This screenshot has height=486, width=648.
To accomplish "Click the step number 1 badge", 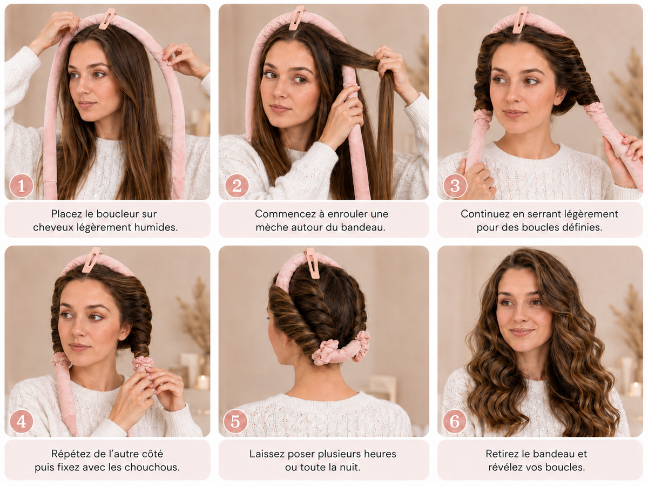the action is pyautogui.click(x=22, y=186).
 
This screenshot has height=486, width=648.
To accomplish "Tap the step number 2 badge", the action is pyautogui.click(x=237, y=186).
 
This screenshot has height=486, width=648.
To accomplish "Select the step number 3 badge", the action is pyautogui.click(x=455, y=186).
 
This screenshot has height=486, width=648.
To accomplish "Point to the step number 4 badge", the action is pyautogui.click(x=22, y=421).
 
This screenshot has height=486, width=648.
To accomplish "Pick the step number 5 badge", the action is pyautogui.click(x=235, y=421).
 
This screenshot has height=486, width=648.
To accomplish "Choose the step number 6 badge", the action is pyautogui.click(x=455, y=421).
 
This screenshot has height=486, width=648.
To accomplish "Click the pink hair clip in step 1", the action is pyautogui.click(x=107, y=19).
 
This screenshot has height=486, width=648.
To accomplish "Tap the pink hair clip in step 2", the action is pyautogui.click(x=296, y=18).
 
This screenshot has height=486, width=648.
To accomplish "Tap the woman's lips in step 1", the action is pyautogui.click(x=86, y=104).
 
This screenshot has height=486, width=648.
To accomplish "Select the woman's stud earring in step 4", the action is pyautogui.click(x=122, y=336).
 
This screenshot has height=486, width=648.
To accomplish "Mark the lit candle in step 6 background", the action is pyautogui.click(x=633, y=389).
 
